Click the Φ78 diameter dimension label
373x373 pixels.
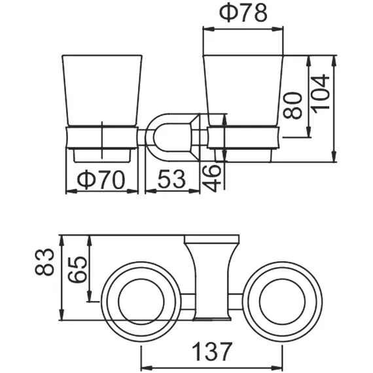[244, 14]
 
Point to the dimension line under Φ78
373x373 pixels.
[244, 29]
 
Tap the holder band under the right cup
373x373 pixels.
[245, 137]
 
